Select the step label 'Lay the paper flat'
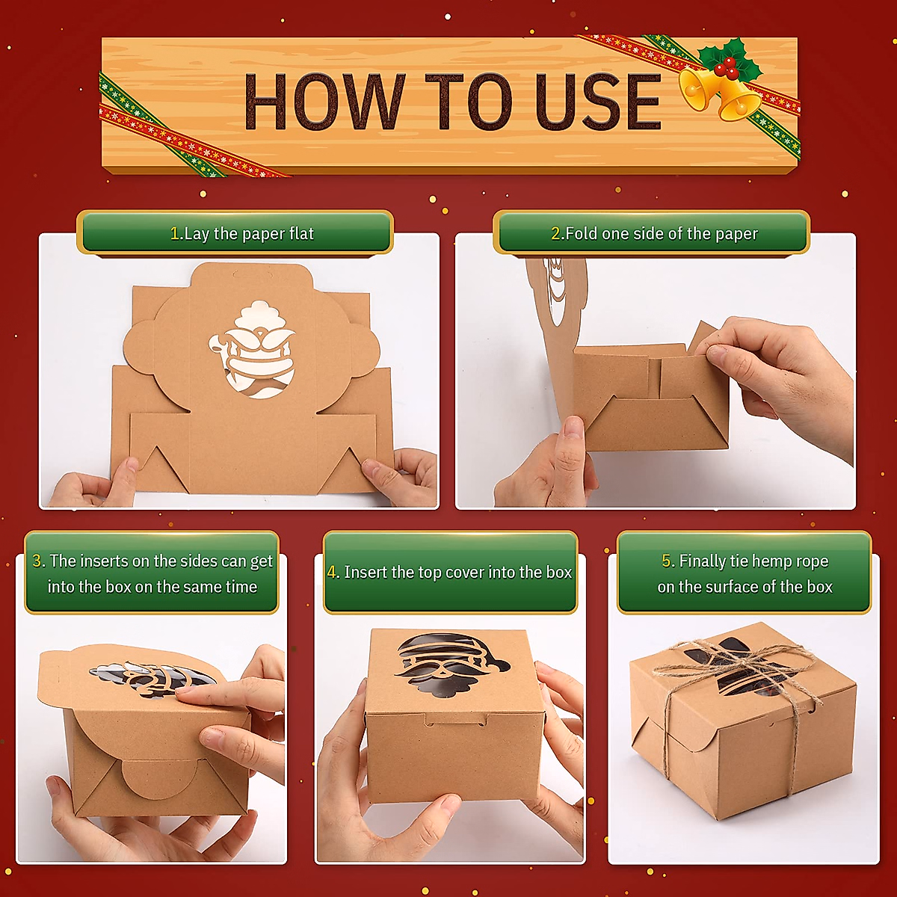click(241, 233)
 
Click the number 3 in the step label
click(38, 561)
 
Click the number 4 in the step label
click(333, 573)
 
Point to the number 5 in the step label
click(668, 561)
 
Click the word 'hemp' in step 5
click(753, 561)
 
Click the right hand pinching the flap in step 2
click(777, 374)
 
